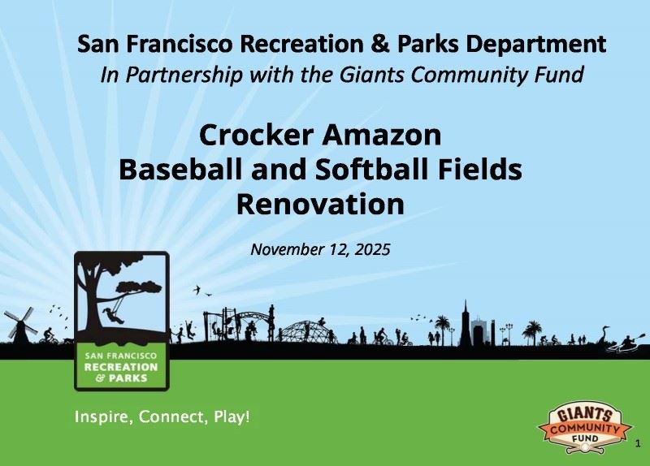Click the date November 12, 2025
pos(320,248)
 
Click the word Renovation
pos(320,203)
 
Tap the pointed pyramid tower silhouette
pos(466,321)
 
